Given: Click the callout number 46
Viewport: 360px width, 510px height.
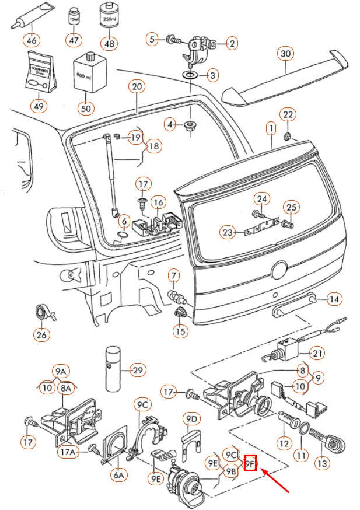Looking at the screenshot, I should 31,41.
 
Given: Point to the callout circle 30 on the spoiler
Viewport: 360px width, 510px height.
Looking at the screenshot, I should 285,54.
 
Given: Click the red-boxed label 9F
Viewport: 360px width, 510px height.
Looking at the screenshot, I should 250,463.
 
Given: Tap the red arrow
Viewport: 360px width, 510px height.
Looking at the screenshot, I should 277,480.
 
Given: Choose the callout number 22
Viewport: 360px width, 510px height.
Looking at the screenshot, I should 289,114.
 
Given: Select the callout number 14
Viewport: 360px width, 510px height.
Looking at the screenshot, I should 333,299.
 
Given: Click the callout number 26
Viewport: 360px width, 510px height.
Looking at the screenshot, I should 42,335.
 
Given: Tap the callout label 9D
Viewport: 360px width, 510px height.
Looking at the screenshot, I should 191,419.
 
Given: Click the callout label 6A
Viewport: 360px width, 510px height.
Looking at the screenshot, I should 119,476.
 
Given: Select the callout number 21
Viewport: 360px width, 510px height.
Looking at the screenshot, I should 317,352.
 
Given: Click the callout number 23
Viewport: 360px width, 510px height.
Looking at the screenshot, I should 228,233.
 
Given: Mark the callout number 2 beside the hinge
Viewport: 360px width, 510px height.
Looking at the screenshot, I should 232,43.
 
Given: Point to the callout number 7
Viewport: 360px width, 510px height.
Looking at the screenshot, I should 174,274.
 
